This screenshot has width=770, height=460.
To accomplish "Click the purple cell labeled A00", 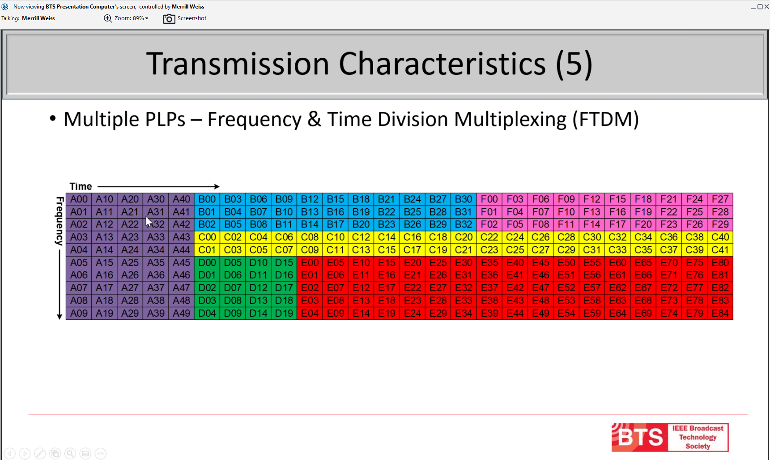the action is [79, 199].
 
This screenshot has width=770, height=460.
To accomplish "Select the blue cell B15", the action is [336, 199].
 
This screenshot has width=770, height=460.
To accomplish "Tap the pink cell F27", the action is [720, 199].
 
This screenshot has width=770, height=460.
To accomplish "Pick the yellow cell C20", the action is [464, 237].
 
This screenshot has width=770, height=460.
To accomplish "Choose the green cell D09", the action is [233, 313].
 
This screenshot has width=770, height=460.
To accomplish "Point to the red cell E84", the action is [720, 313].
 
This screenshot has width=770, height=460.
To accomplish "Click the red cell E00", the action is [310, 262].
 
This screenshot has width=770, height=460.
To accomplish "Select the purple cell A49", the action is [182, 313].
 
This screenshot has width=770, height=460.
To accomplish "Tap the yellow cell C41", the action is [720, 250].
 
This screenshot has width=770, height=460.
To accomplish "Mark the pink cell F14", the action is [592, 224].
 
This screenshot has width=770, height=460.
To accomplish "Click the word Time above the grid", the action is [81, 186].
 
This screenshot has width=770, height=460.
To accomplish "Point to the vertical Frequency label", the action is [59, 221].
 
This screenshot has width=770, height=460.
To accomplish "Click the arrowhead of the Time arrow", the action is [217, 186].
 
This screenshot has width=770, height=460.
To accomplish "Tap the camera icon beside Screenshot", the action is [169, 18].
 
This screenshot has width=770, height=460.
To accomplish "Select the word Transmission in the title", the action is [238, 64].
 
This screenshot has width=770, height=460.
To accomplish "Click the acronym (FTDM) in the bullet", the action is [606, 119].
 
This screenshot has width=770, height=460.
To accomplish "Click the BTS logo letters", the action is [640, 438].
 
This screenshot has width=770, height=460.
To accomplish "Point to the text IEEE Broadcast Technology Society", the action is [698, 437].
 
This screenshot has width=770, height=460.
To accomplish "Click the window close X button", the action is [766, 7].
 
